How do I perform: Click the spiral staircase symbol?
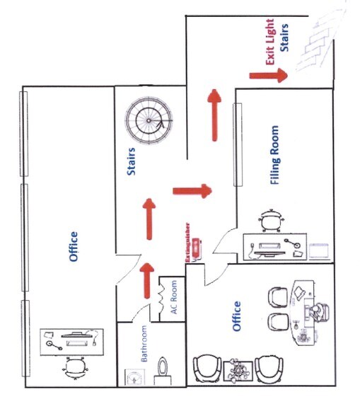[x=149, y=120]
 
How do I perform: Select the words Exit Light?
[x=269, y=42]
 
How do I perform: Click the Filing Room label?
[x=274, y=155]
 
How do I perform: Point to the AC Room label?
[x=173, y=297]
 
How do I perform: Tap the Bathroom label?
[x=144, y=343]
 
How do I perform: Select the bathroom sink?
[x=134, y=376]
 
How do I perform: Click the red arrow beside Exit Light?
[x=268, y=75]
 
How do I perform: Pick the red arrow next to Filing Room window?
[x=214, y=115]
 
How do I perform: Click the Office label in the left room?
[x=74, y=246]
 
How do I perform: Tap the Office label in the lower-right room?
[x=237, y=316]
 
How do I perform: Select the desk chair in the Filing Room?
[x=271, y=221]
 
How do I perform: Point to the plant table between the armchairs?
[x=238, y=371]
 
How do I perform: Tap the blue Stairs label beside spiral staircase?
[x=131, y=161]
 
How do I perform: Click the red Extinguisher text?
[x=188, y=243]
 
